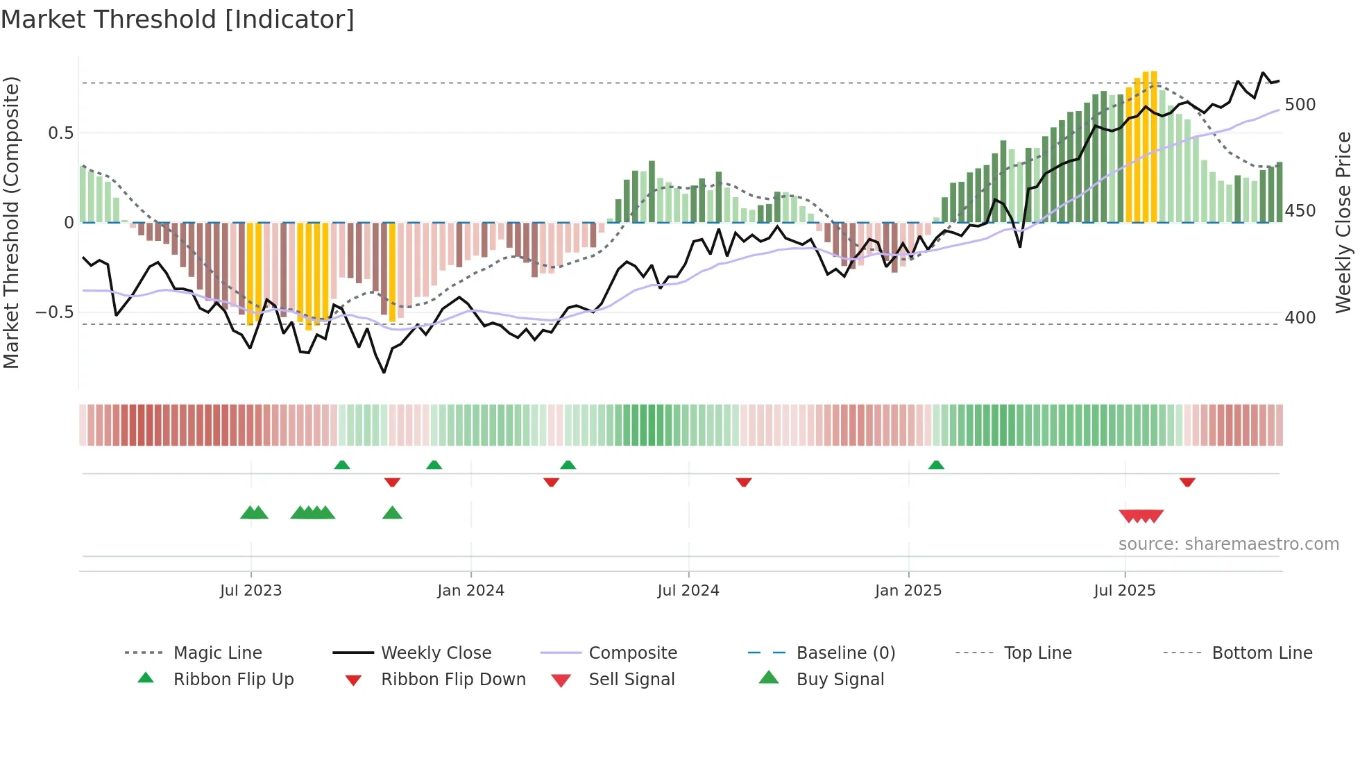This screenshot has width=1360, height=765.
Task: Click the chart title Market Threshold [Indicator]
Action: (x=178, y=19)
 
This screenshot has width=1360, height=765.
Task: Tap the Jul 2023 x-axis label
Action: (x=250, y=591)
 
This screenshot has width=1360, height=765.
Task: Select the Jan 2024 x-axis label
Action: (x=470, y=591)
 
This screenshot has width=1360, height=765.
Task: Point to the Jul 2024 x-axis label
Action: (x=688, y=591)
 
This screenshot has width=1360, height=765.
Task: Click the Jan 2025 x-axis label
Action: (x=908, y=591)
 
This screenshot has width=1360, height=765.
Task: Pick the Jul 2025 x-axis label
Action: (x=1124, y=591)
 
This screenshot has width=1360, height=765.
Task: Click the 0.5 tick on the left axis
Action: (x=60, y=133)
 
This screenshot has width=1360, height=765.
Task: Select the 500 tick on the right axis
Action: (x=1300, y=105)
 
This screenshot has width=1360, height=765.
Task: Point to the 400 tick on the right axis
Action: (x=1300, y=318)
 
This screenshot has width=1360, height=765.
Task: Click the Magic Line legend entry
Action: (x=217, y=653)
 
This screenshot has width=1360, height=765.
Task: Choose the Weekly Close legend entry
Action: (x=436, y=653)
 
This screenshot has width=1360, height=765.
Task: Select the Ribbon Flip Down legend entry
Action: (x=453, y=680)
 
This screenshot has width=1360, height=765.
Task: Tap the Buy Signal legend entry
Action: (x=840, y=680)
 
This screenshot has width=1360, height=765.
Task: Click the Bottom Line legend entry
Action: (x=1261, y=653)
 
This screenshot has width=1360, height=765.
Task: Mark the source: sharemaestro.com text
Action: (x=1228, y=544)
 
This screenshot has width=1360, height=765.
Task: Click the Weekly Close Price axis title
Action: (x=1343, y=222)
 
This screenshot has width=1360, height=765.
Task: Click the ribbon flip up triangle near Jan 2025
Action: (x=936, y=465)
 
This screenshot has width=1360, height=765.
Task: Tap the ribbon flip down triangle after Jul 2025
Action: (x=1187, y=482)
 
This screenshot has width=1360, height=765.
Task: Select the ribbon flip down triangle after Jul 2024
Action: (x=744, y=482)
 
